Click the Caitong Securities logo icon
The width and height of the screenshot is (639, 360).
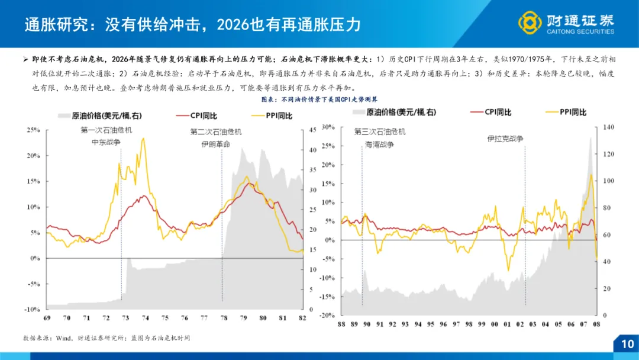coord(530,23)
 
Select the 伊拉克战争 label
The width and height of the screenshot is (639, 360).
coord(505,139)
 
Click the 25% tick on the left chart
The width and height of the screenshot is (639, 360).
coord(32,130)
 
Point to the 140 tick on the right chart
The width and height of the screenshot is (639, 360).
coord(609,127)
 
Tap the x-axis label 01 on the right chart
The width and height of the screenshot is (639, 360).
coord(507,324)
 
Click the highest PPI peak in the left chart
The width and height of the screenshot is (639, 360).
coord(143,139)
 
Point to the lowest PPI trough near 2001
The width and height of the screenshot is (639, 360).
coord(508,270)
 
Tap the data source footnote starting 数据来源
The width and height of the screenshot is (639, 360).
coord(106,337)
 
